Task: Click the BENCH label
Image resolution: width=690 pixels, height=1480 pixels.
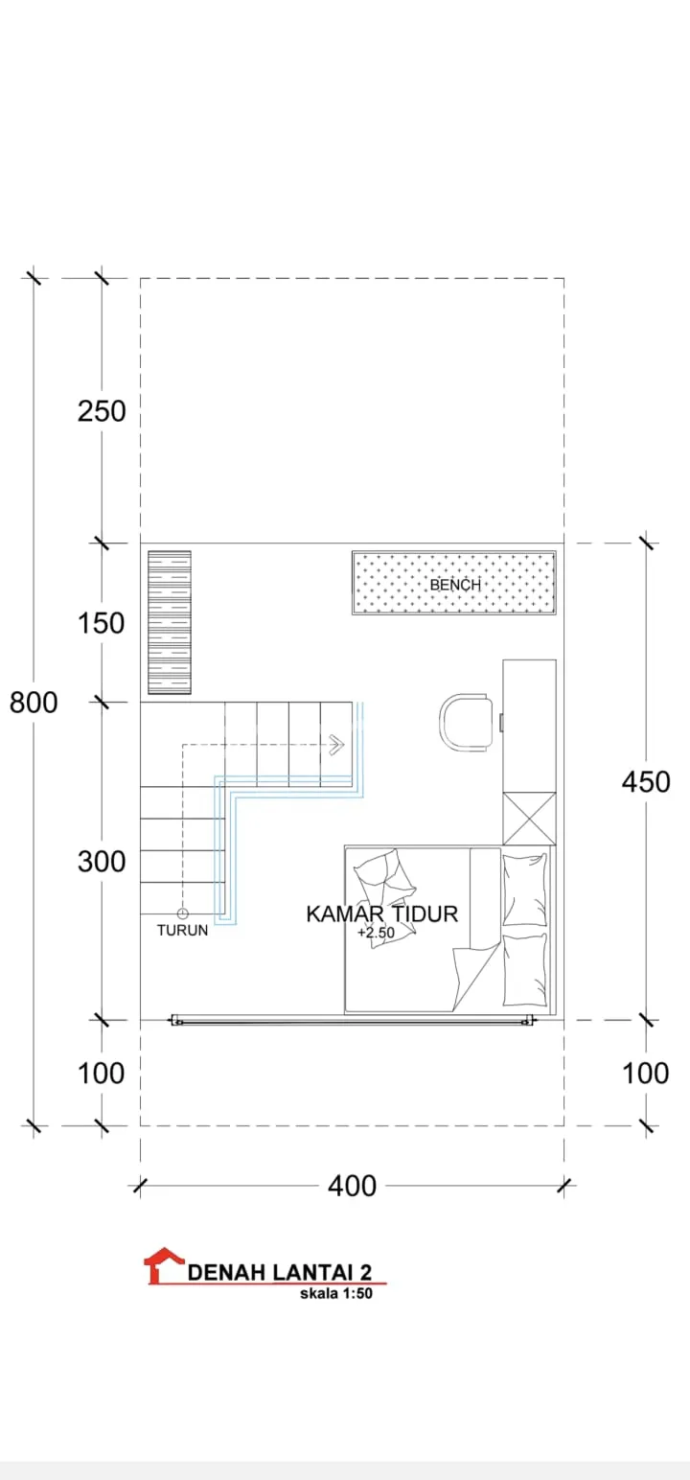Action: click(455, 585)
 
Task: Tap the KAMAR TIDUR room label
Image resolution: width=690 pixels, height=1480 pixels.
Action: click(381, 913)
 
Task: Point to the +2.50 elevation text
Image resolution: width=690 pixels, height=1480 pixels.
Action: click(376, 933)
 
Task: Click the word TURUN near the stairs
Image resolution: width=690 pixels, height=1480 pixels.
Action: click(182, 931)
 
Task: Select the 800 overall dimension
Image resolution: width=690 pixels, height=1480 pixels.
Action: click(34, 703)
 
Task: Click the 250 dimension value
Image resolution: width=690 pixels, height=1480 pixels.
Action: click(102, 411)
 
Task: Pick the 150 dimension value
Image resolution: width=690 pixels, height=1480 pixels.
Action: click(101, 623)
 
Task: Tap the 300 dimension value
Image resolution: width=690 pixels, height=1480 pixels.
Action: click(102, 862)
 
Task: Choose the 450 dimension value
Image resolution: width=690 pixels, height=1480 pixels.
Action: click(646, 781)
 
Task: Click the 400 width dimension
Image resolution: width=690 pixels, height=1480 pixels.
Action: click(353, 1186)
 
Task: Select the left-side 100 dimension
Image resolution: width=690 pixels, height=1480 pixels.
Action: click(101, 1073)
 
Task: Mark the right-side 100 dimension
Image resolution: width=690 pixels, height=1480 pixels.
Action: click(646, 1073)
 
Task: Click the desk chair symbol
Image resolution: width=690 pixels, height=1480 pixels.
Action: click(466, 722)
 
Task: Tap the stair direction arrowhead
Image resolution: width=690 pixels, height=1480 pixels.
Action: click(337, 745)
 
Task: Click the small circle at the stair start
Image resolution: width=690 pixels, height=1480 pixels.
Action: click(183, 913)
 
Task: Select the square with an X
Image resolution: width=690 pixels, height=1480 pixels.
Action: click(530, 818)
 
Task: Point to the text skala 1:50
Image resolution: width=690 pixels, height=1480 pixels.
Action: click(336, 1293)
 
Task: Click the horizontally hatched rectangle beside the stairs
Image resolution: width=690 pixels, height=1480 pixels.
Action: click(170, 622)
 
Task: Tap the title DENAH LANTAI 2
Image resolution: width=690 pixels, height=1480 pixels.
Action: click(280, 1272)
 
